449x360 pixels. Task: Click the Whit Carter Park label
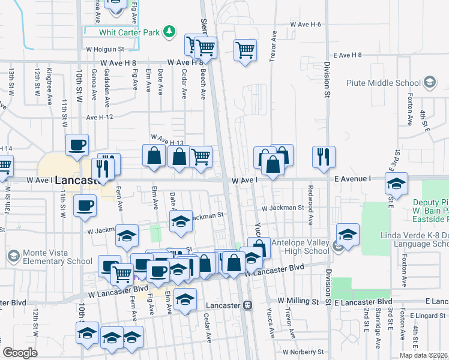[132, 32]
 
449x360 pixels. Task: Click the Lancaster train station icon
[247, 305]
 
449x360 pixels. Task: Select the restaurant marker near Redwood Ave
[324, 156]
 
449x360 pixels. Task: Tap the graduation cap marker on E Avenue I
[396, 184]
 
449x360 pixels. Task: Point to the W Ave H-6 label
[306, 24]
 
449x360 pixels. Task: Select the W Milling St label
[298, 300]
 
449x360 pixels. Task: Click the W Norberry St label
[303, 352]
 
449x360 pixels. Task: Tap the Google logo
[20, 353]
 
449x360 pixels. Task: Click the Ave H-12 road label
[100, 117]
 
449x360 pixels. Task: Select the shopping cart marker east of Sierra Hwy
[245, 50]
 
